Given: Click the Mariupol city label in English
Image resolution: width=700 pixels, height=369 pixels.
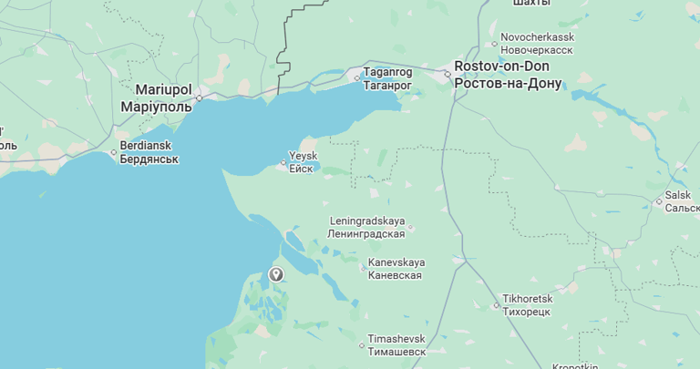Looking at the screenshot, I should point(164,90).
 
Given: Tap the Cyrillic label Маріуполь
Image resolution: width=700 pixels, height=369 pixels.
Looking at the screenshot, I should point(157,107).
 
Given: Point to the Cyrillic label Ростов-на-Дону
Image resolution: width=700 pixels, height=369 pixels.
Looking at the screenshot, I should point(508,84).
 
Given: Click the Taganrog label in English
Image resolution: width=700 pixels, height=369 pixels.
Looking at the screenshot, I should point(387,72).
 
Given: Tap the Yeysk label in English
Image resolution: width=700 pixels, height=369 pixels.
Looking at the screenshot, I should point(303,156).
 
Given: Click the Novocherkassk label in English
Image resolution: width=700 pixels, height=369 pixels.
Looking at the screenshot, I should point(537,36).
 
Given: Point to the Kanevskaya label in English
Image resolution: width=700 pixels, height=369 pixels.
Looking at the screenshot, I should point(396,262).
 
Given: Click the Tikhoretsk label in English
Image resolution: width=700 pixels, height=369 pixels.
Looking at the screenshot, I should point(528,299).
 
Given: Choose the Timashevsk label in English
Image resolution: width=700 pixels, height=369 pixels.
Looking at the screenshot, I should point(396,339).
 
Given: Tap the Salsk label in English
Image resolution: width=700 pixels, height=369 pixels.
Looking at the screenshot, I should point(678,195).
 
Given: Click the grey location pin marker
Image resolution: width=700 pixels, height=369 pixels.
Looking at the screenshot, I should point(276,273).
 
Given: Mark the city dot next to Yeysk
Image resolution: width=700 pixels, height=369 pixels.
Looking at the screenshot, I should point(283,164).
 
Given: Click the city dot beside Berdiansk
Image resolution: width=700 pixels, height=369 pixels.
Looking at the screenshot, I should point(114,152).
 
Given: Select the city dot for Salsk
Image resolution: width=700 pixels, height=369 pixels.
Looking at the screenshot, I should point(658,201).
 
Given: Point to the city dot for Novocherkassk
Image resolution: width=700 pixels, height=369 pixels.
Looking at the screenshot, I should point(494,43).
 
